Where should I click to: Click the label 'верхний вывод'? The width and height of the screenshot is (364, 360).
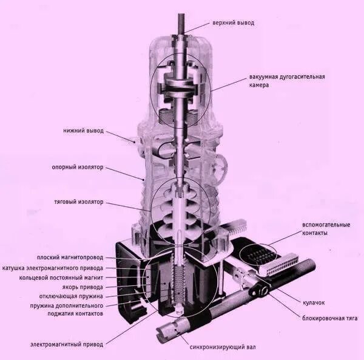233,22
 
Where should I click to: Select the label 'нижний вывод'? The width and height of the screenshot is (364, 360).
84,131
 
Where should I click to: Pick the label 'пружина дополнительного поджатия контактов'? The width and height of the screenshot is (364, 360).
69,310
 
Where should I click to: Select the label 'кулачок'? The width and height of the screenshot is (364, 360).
314,302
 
